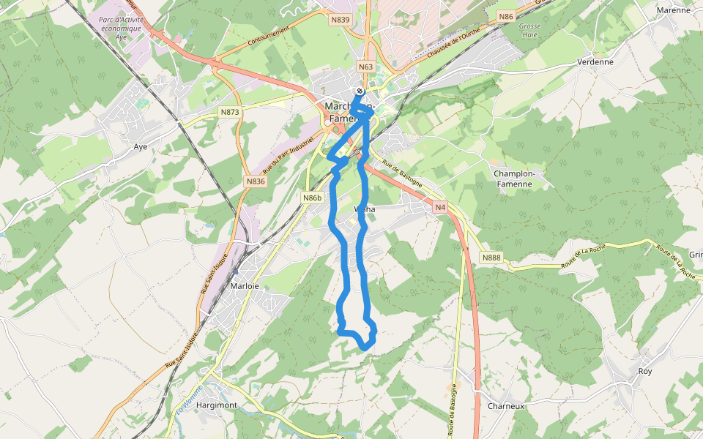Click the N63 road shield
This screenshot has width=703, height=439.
pos(366,67)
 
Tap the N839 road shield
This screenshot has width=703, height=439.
pos(340,20)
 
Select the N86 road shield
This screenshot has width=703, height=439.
pos(505,15)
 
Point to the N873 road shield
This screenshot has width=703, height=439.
pos(229,112)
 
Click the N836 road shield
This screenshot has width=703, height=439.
pos(255,181)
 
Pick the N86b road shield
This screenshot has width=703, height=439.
pos(313,198)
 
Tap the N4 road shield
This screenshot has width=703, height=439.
pos(439,208)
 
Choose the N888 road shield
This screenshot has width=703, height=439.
pos(491,258)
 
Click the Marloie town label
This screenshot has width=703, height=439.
pos(245,286)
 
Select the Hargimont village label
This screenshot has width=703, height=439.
pos(217,405)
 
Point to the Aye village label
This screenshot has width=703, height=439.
pos(141,146)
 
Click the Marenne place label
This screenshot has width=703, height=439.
pos(673,10)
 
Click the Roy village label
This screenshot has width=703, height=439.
pos(644,371)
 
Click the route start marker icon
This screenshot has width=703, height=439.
pos(359,91)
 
